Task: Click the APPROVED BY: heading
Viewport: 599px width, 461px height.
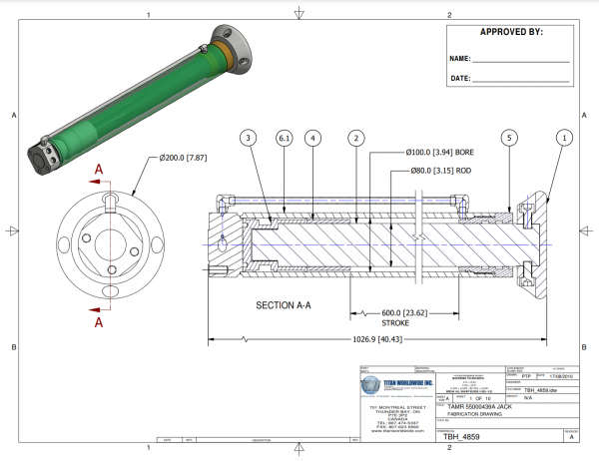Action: coord(511,32)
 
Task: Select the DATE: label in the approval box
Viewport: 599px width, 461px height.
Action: coord(460,78)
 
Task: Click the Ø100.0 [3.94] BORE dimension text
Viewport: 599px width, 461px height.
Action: coord(440,153)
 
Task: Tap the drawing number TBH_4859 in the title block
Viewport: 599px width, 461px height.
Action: coord(462,437)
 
